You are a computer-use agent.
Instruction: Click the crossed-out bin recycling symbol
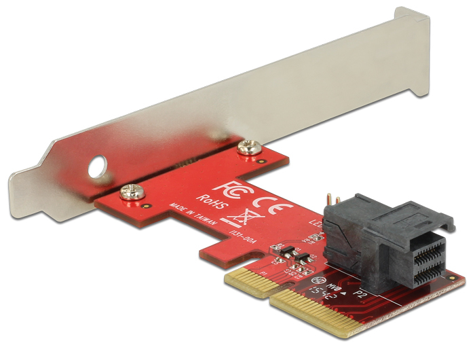238,217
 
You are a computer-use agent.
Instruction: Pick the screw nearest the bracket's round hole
128,192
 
